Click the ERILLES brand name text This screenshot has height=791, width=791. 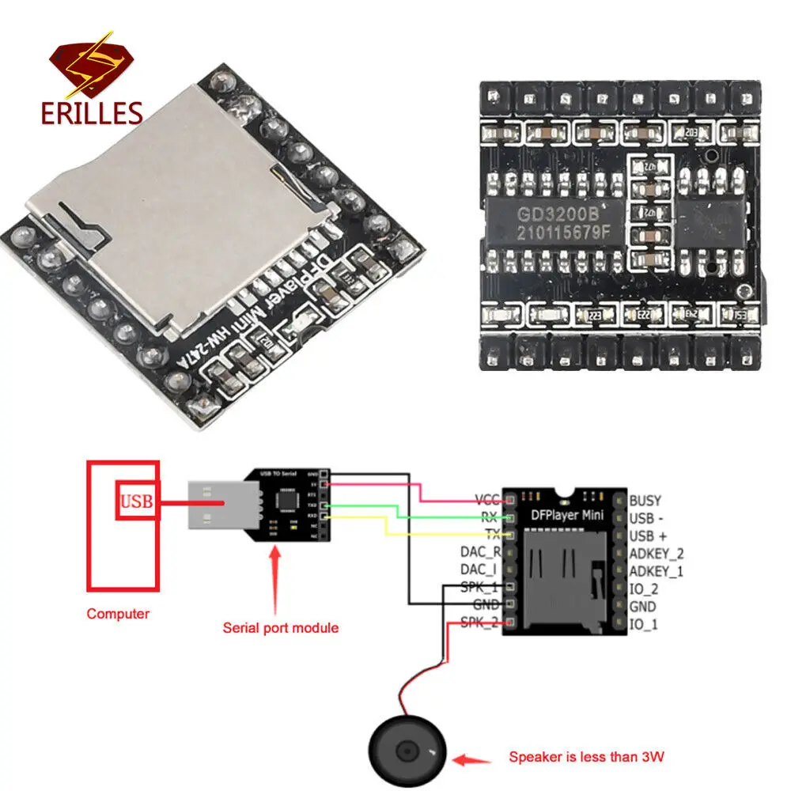coord(92,113)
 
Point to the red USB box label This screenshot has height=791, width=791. coord(136,501)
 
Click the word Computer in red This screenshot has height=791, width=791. coord(118,613)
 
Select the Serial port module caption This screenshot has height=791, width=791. coord(280,627)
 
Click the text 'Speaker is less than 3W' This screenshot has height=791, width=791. coord(586,757)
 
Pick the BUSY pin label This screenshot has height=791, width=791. coord(645,500)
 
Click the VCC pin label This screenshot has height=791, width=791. coord(486,500)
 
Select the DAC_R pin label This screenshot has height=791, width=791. coord(480,551)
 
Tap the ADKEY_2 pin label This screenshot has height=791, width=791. coord(656,554)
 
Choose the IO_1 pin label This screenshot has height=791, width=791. coord(643,625)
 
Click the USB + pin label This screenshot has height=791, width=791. coord(649,536)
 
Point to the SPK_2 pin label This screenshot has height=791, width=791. coord(479,623)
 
